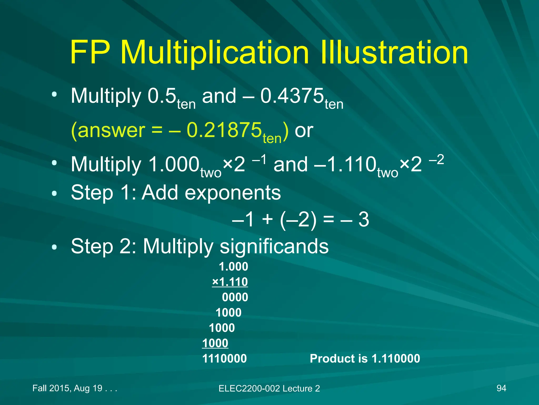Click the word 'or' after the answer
click(x=304, y=131)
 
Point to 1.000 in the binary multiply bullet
click(x=174, y=164)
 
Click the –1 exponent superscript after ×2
click(x=259, y=160)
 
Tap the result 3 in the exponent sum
click(x=363, y=219)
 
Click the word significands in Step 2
click(x=274, y=246)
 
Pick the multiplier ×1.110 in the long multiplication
click(x=230, y=282)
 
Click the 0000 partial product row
click(x=235, y=297)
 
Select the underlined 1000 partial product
click(x=215, y=343)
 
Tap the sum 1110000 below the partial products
click(x=224, y=358)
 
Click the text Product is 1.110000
click(x=365, y=358)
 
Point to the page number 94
click(x=501, y=388)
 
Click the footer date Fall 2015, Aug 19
click(x=74, y=388)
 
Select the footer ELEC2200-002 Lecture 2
click(x=269, y=388)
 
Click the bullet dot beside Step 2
click(x=54, y=247)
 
